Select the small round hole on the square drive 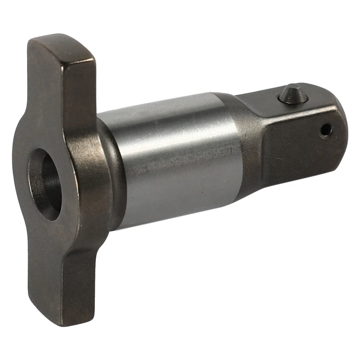tap(325, 130)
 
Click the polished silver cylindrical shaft tap(175, 157)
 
